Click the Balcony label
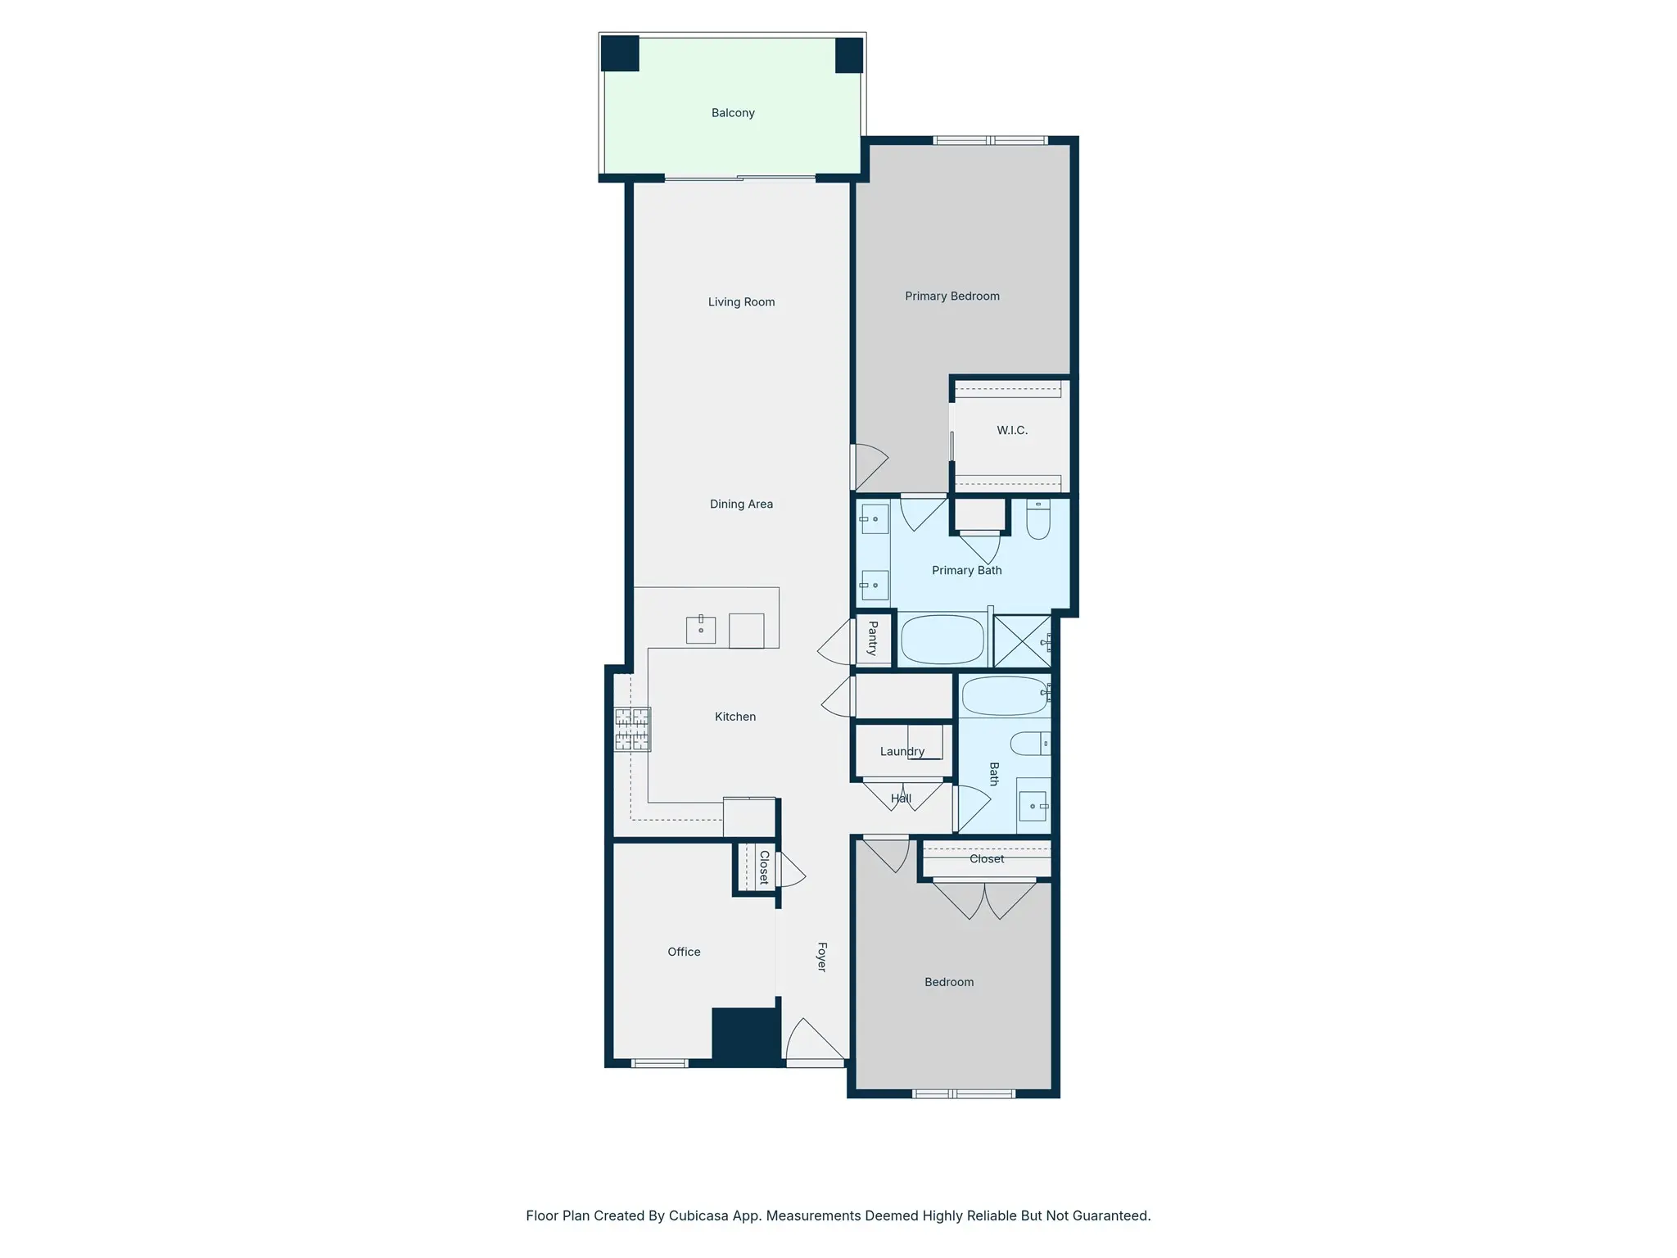(x=733, y=113)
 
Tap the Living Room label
(x=741, y=302)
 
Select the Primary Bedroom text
(x=952, y=296)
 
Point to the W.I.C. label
(x=1012, y=430)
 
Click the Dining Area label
(x=741, y=505)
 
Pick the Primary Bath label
(x=967, y=571)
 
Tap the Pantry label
(x=873, y=638)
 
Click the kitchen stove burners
(x=632, y=729)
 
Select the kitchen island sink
(x=701, y=629)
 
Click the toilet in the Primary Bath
(x=1038, y=519)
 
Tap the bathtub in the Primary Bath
(x=942, y=639)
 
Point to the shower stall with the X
(x=1022, y=641)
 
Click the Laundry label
(x=902, y=752)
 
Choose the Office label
(x=684, y=952)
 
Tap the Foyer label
(x=822, y=957)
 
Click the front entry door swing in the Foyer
(x=815, y=1042)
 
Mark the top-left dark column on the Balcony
(x=620, y=53)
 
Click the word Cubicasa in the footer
(x=700, y=1216)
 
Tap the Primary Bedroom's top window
(x=991, y=141)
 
